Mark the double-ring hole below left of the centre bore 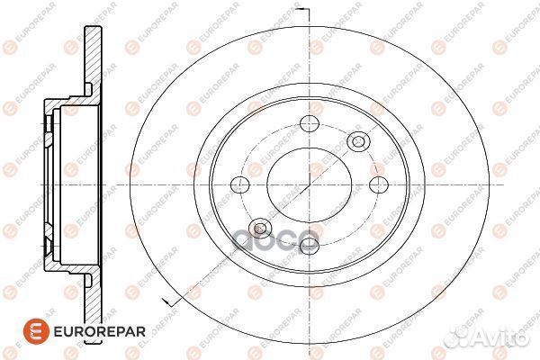(x=261, y=227)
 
